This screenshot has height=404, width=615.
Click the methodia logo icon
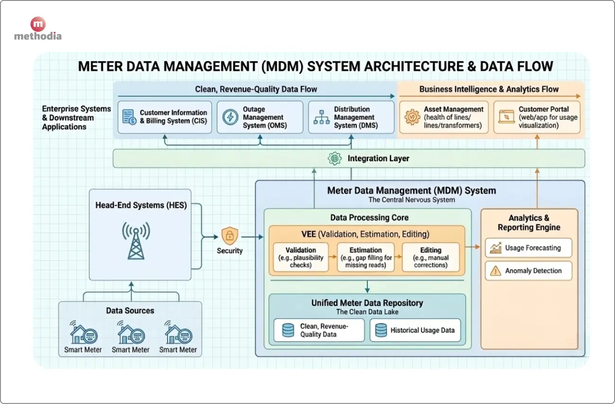coord(38,24)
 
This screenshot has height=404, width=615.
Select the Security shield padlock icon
coord(229,235)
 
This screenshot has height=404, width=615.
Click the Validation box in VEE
coord(301,257)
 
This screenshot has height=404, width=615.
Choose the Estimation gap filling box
coord(365,257)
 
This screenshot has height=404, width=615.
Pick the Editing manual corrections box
coord(430,257)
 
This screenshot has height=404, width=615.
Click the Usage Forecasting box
coord(528,248)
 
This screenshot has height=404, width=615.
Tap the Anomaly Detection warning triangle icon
coord(496,271)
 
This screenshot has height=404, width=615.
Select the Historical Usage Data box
coord(415,330)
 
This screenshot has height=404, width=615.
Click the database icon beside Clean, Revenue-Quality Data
coord(288,330)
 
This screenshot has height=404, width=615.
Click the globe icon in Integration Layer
coord(335,158)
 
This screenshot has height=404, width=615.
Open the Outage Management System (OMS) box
coord(260,117)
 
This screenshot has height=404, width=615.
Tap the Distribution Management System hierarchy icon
coord(322,117)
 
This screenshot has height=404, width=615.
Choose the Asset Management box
coord(444,117)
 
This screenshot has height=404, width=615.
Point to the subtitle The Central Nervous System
coord(412,200)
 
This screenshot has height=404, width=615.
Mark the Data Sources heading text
coord(130,311)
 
